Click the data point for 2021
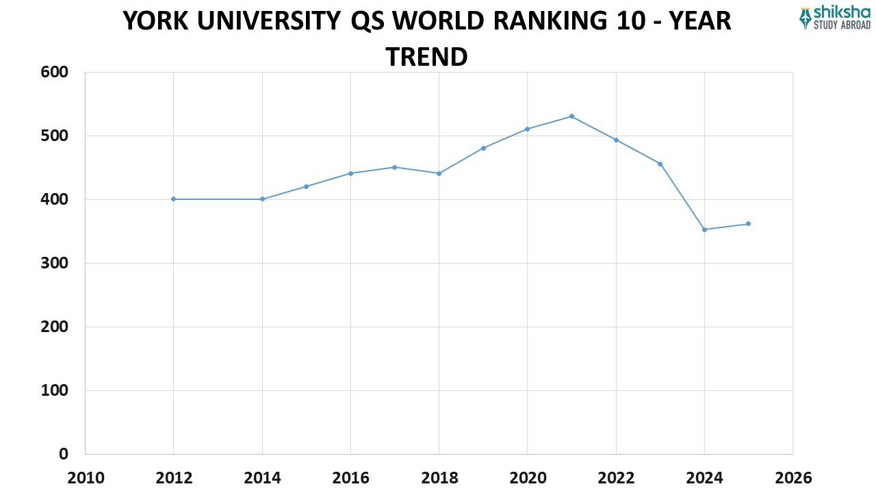(x=571, y=116)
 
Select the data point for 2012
(x=174, y=199)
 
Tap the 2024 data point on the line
(x=704, y=229)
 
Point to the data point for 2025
(x=748, y=224)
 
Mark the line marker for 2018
(x=439, y=173)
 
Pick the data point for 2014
(x=262, y=199)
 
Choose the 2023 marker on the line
(x=660, y=164)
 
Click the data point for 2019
(x=483, y=148)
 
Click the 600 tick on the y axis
(x=55, y=72)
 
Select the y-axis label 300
(x=55, y=263)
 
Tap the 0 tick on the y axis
(x=64, y=454)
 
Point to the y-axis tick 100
(x=55, y=390)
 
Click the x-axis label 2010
(x=86, y=477)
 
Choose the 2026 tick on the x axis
(x=793, y=477)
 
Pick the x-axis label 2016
(x=350, y=477)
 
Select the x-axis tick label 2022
(x=616, y=477)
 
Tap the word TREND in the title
(x=426, y=56)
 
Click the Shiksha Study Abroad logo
(x=834, y=18)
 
